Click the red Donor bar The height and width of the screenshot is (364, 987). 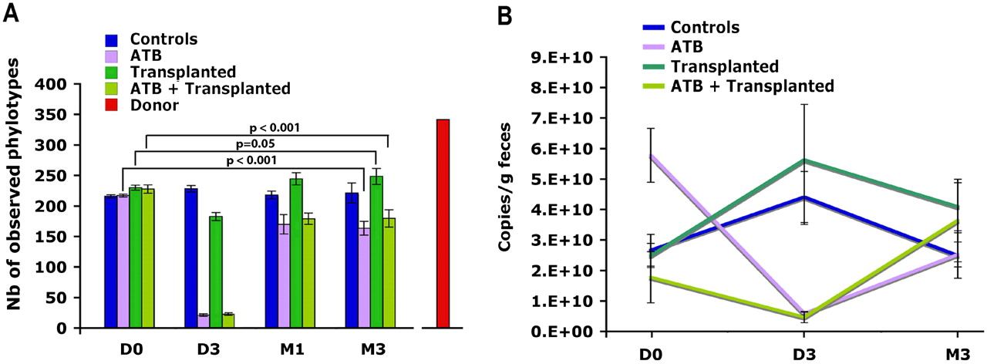click(x=443, y=224)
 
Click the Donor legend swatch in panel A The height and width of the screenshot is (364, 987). click(x=113, y=106)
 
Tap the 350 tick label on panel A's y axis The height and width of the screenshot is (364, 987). click(x=54, y=115)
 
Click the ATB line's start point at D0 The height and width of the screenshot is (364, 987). click(x=652, y=156)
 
